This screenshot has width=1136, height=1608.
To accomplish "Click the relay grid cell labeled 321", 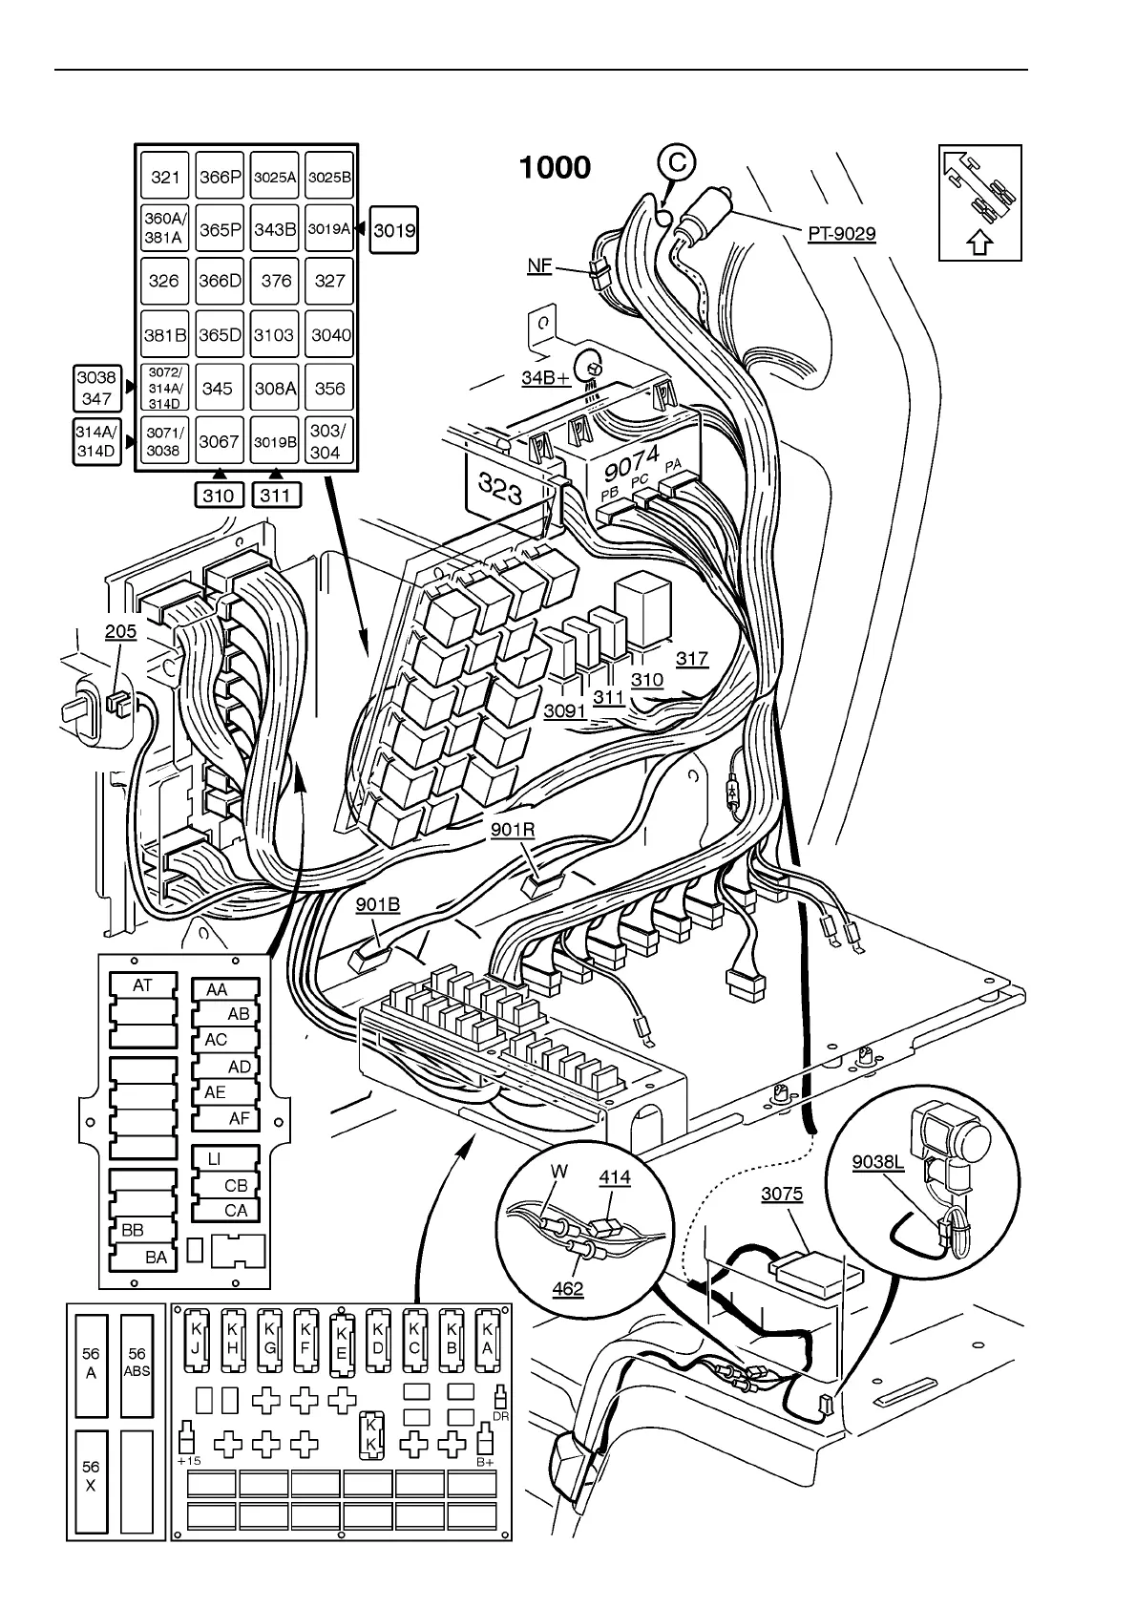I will [165, 178].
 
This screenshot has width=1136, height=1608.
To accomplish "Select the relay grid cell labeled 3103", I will [275, 335].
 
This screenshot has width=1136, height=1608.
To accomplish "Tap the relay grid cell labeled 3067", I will [219, 441].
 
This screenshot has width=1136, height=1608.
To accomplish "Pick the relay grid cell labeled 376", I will [276, 281].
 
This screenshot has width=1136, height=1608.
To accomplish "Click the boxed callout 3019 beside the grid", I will [394, 230].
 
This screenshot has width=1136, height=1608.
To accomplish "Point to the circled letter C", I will [677, 163].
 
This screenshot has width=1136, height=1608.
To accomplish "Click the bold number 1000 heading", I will [555, 168].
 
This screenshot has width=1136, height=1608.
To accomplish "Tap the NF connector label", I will [540, 265].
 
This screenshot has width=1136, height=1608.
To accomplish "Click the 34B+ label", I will [545, 378].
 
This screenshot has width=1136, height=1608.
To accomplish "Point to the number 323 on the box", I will [501, 490].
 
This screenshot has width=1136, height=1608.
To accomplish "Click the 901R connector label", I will [513, 830].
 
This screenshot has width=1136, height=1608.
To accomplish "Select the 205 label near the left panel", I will [120, 631].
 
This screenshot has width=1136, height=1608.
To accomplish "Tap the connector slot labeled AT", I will [142, 984].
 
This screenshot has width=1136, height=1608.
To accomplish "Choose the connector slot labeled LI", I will [215, 1159].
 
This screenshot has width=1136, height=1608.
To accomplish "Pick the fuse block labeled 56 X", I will [91, 1476].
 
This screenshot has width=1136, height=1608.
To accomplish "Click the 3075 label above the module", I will [782, 1195].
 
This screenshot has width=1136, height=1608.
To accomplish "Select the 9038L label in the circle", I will [877, 1162].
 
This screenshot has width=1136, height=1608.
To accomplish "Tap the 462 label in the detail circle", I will [568, 1289].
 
